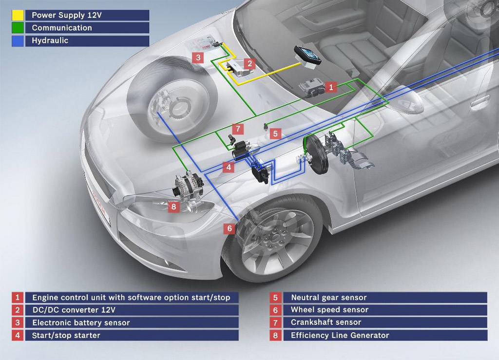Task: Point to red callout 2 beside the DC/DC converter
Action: click(x=249, y=63)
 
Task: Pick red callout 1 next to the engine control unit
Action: click(x=331, y=87)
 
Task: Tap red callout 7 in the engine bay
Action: click(x=237, y=129)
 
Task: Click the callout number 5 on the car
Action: click(x=275, y=133)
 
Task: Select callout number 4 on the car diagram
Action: click(x=229, y=167)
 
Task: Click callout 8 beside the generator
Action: click(x=173, y=206)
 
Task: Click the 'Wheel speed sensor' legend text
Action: click(x=329, y=310)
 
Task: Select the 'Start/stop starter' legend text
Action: click(x=66, y=335)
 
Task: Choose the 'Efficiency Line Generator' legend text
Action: click(x=340, y=335)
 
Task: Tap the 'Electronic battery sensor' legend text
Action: click(x=81, y=322)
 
